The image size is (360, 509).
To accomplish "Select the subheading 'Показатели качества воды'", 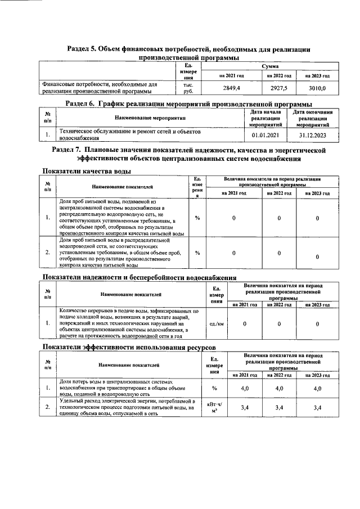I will (x=88, y=171).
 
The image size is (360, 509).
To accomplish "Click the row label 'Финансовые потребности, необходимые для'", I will (x=101, y=84).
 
